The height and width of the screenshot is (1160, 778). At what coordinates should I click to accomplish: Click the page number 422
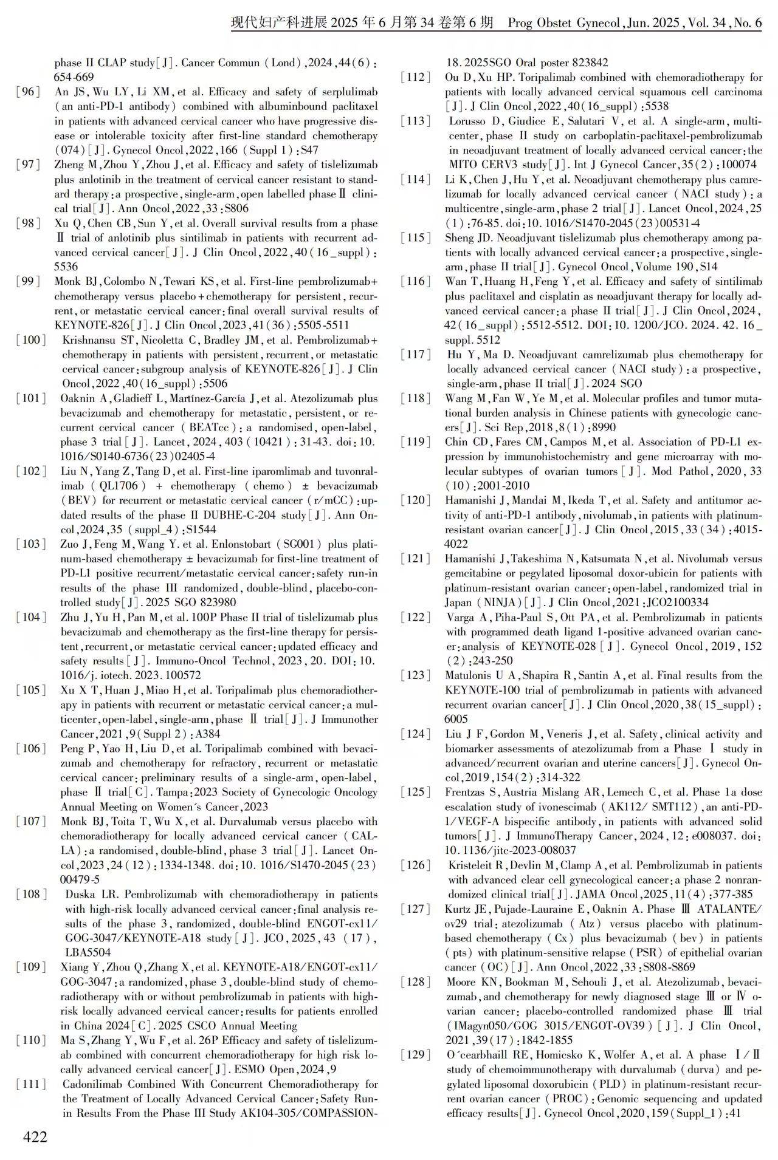[35, 1136]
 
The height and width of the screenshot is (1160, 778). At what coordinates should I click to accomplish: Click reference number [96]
[29, 92]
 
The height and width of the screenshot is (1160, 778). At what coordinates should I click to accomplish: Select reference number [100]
[31, 340]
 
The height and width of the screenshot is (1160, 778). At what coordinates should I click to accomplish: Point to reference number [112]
[416, 78]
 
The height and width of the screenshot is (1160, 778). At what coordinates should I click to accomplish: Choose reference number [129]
[416, 1055]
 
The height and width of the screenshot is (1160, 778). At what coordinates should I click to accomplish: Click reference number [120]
[416, 501]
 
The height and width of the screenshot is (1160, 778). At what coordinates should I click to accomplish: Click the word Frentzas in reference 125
[466, 793]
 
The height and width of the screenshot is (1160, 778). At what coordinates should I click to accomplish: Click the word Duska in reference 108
[80, 895]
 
